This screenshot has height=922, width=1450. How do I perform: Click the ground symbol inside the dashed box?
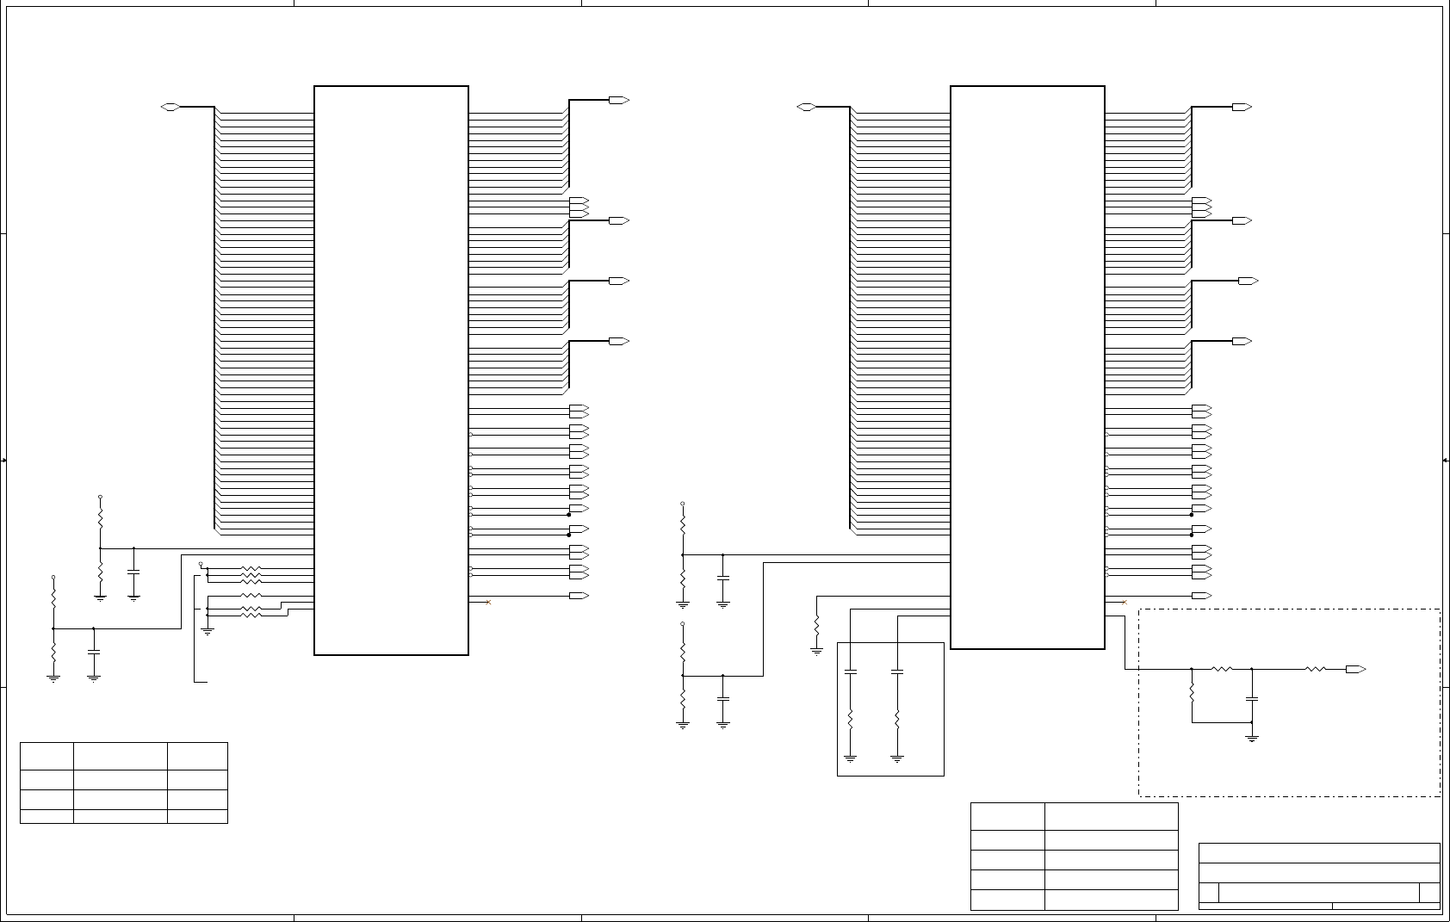click(x=1252, y=737)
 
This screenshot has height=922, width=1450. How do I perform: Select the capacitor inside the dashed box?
click(x=1252, y=698)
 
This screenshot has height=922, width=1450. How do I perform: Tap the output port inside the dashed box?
click(x=1355, y=669)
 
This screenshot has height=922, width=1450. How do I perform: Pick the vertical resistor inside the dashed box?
click(x=1192, y=692)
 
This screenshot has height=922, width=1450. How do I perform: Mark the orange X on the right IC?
click(x=1125, y=603)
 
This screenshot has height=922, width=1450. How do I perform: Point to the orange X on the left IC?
click(x=488, y=603)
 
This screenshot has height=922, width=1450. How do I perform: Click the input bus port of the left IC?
click(x=170, y=107)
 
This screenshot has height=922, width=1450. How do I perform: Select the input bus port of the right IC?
click(x=807, y=107)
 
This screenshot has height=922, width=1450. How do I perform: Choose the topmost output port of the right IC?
click(x=1242, y=108)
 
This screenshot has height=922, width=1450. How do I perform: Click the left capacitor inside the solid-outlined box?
click(x=850, y=671)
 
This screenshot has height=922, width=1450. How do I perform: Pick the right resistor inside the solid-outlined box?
click(x=897, y=719)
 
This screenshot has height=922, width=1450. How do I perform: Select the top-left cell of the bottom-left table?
click(x=46, y=755)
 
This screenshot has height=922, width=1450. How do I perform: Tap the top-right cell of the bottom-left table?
click(x=197, y=755)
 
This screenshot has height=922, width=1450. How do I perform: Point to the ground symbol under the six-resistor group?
click(x=208, y=631)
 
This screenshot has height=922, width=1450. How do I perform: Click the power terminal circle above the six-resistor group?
click(x=201, y=564)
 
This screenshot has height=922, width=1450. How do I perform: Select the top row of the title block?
click(x=1319, y=852)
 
